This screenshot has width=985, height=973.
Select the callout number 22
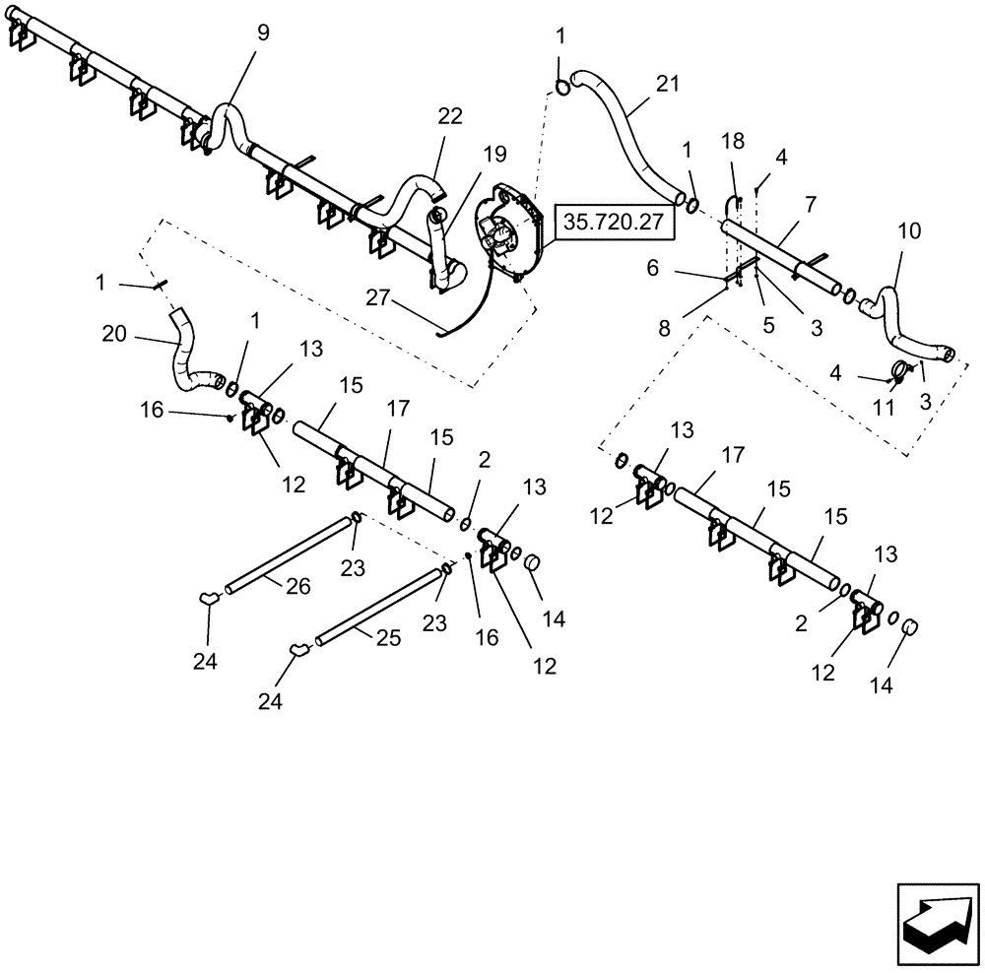449,116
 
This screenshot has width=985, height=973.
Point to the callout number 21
668,86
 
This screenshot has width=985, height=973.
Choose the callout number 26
298,586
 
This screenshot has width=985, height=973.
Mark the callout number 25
387,638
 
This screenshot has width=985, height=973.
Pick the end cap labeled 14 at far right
908,628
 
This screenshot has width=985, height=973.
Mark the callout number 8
665,328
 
